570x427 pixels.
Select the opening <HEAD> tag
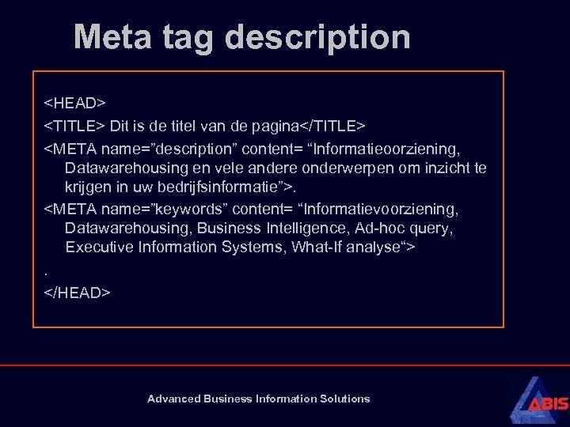click(x=74, y=104)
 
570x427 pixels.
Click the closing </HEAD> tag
click(x=78, y=293)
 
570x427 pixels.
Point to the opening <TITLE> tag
click(x=74, y=126)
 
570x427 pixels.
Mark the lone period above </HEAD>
click(x=46, y=272)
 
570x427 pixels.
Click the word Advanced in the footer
click(x=174, y=399)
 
